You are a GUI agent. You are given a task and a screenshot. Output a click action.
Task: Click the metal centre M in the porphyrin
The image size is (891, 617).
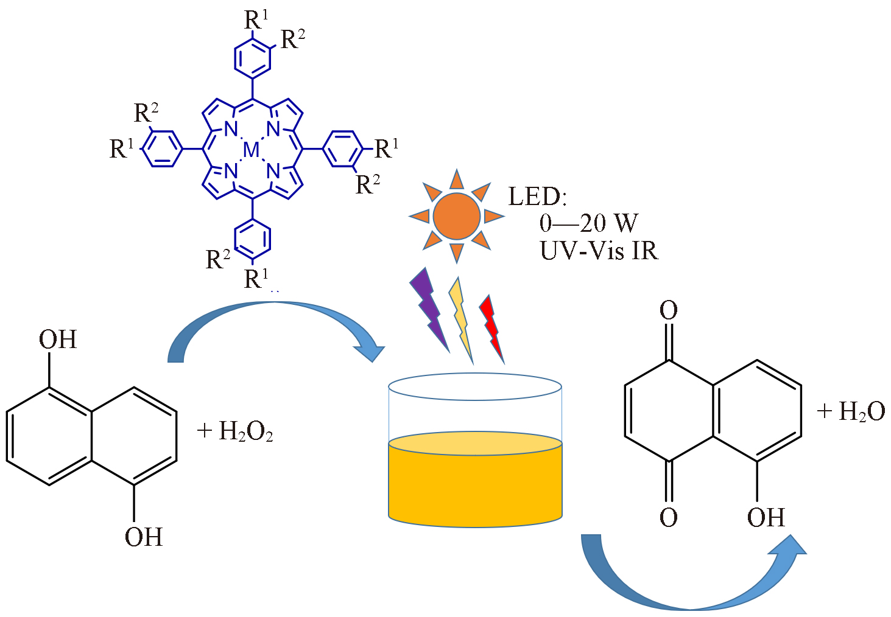click(251, 150)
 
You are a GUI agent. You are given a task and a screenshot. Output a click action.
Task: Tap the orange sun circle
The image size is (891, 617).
click(456, 216)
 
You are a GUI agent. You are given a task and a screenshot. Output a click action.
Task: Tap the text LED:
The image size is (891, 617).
click(537, 197)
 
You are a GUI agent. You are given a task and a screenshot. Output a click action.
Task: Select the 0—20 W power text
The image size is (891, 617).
click(588, 223)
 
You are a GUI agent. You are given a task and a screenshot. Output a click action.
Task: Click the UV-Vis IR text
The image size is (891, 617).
click(599, 250)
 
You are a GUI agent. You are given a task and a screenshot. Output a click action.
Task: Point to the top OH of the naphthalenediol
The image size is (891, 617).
click(58, 340)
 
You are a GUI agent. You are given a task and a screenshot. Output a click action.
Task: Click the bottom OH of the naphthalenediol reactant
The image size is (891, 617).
click(144, 537)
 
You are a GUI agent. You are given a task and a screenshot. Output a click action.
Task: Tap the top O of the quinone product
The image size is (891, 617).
click(669, 310)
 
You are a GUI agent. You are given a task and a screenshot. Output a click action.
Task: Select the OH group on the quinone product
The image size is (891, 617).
click(766, 518)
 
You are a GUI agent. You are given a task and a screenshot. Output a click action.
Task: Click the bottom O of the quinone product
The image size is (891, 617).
click(669, 518)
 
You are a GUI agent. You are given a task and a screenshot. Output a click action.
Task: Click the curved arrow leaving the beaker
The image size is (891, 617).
click(688, 584)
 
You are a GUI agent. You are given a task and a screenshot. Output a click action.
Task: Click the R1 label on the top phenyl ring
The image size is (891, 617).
click(256, 20)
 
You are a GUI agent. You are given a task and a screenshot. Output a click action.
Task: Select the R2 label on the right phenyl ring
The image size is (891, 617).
click(368, 184)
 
